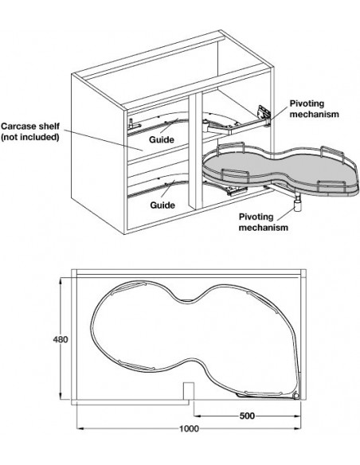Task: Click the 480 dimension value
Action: pyautogui.click(x=61, y=339)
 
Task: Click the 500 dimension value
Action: pyautogui.click(x=247, y=416)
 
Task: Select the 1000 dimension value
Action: pyautogui.click(x=190, y=428)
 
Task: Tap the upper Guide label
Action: pyautogui.click(x=162, y=139)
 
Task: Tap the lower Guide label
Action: pyautogui.click(x=162, y=205)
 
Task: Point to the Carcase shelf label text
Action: pyautogui.click(x=30, y=126)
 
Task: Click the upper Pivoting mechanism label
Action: pyautogui.click(x=314, y=109)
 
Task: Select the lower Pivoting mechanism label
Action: pyautogui.click(x=264, y=222)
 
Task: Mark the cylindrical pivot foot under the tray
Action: pyautogui.click(x=297, y=205)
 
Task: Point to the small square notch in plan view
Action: pyautogui.click(x=188, y=391)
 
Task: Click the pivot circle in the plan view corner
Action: pyautogui.click(x=295, y=397)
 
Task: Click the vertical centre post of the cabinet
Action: pyautogui.click(x=195, y=150)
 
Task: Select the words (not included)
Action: pyautogui.click(x=29, y=137)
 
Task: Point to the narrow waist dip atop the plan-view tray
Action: pyautogui.click(x=186, y=300)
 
